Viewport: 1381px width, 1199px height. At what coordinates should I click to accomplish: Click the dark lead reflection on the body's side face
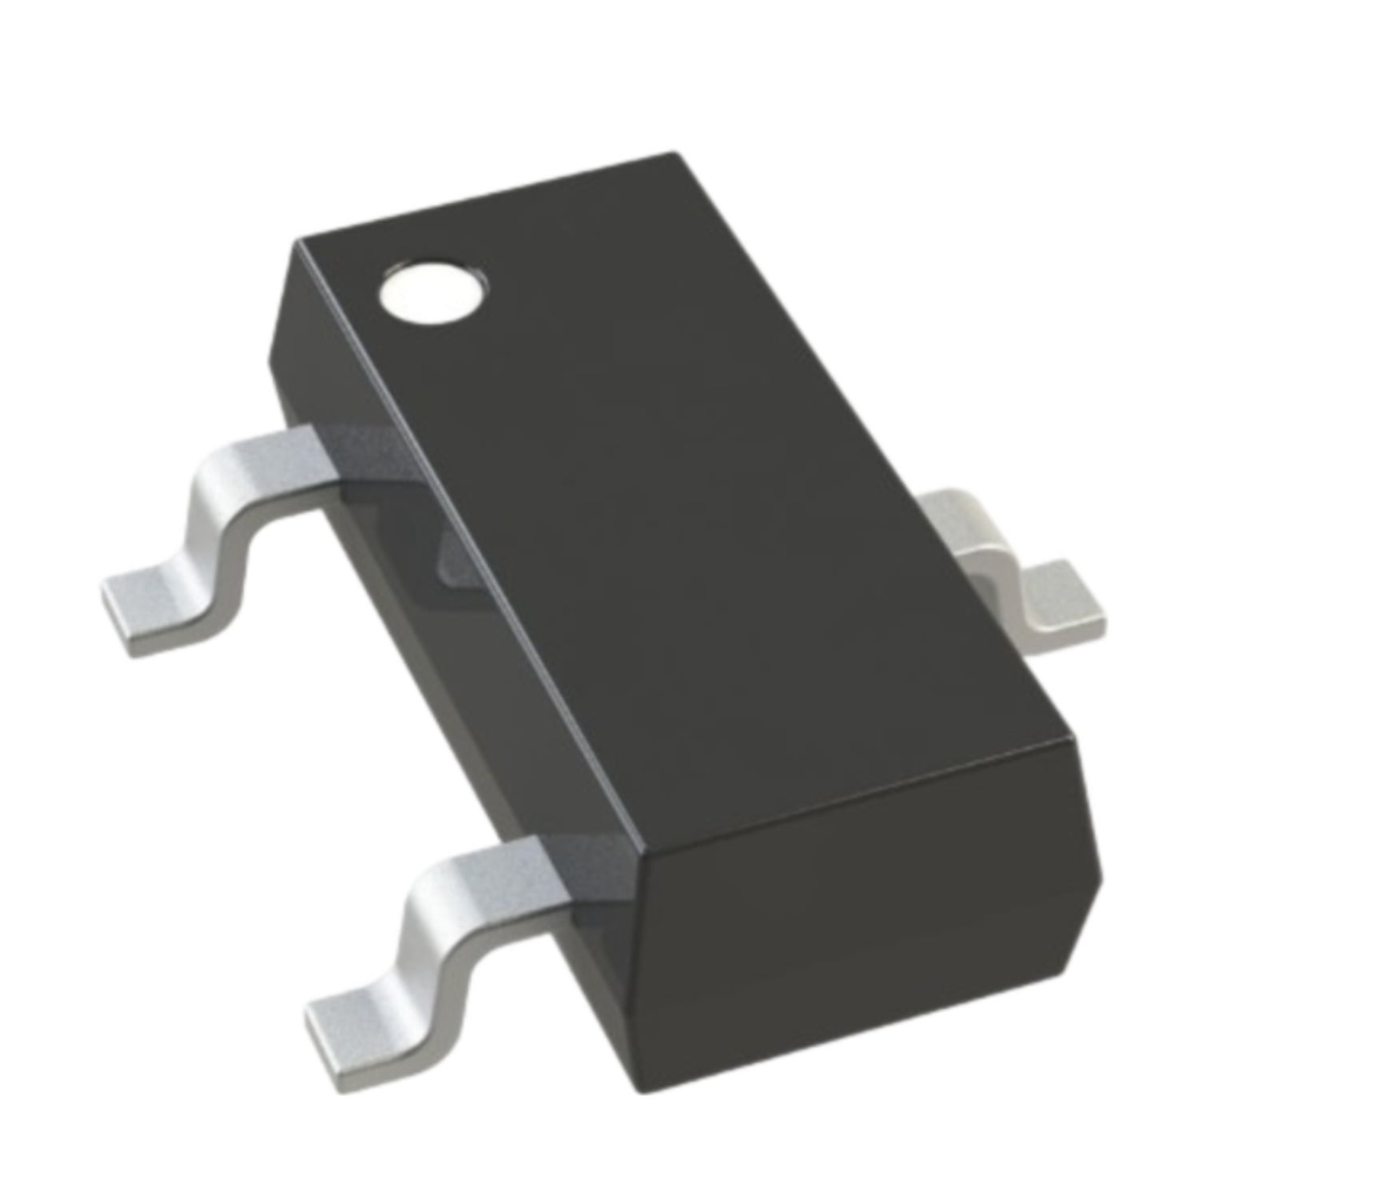tap(464, 560)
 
